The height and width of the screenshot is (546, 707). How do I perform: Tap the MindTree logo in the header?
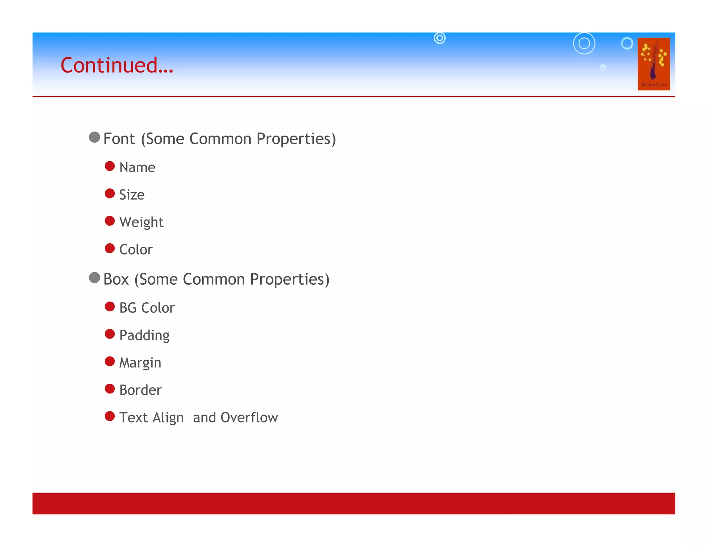(653, 64)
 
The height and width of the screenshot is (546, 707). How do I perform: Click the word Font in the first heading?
(119, 139)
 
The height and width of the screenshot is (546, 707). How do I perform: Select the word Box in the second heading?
(116, 279)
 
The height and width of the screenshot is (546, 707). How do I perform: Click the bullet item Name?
(137, 167)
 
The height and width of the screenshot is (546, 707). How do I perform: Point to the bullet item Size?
(132, 195)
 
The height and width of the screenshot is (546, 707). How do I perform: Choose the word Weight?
(141, 222)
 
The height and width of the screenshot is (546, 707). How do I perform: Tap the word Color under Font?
(136, 250)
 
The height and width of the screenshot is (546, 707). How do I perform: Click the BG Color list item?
(147, 308)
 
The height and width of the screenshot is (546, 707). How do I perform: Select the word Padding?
(144, 335)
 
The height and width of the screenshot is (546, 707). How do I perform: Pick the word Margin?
(140, 363)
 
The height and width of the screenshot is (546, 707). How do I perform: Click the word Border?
(140, 390)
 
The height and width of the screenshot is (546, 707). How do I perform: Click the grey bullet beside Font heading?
(94, 137)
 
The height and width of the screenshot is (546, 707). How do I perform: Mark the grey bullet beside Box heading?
(94, 278)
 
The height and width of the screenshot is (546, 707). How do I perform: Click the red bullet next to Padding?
(110, 334)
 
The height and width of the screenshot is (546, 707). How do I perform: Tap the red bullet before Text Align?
(110, 416)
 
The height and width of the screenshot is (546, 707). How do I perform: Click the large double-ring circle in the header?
(584, 43)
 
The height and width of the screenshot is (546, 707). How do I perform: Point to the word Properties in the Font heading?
(296, 139)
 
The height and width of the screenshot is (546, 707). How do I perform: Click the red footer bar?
(353, 503)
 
